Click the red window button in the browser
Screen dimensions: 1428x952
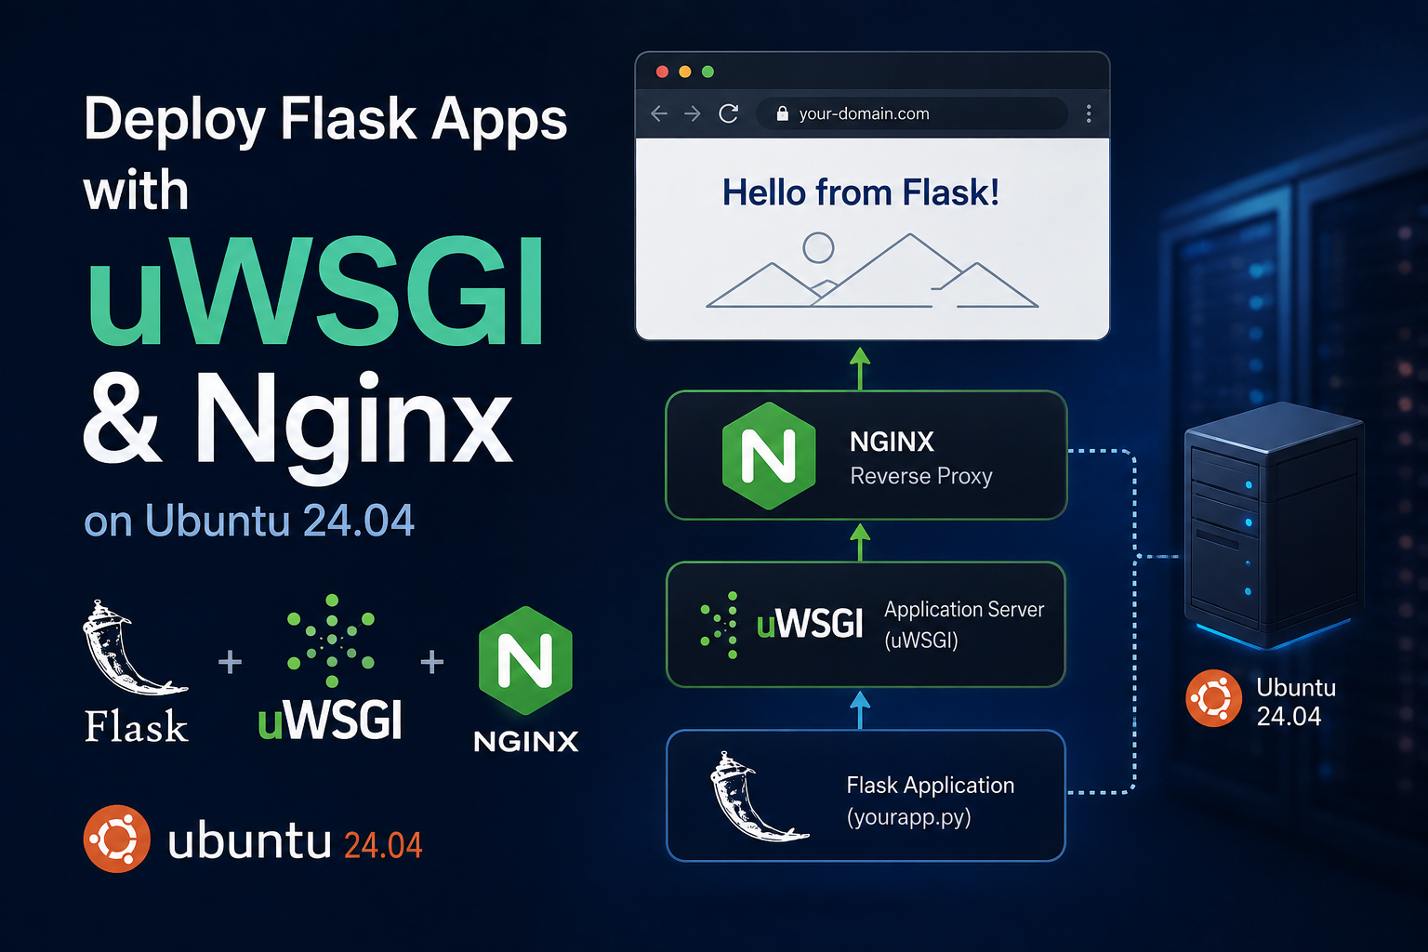coord(662,72)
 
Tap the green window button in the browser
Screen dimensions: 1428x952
coord(707,72)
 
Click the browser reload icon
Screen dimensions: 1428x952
coord(729,113)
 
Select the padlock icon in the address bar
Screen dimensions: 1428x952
coord(782,113)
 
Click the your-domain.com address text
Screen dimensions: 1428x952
coord(864,114)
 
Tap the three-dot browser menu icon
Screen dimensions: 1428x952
coord(1089,113)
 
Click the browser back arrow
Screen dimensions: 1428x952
coord(659,113)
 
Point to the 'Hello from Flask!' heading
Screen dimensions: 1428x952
coord(861,192)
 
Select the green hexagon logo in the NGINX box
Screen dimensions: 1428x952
coord(769,456)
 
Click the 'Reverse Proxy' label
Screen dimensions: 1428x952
coord(921,476)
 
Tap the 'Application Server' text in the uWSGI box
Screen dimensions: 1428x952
coord(964,610)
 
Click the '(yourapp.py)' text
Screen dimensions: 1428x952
coord(908,817)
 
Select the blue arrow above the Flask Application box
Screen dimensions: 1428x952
coord(860,709)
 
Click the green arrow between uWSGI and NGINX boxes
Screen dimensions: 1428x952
coord(860,542)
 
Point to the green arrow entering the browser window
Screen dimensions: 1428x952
coord(860,368)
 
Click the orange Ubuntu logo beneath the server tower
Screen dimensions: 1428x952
coord(1213,698)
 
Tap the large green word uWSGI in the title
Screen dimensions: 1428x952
coord(315,291)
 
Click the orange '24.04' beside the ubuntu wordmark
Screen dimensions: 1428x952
coord(383,845)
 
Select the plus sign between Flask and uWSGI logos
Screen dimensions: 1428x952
coord(231,662)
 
